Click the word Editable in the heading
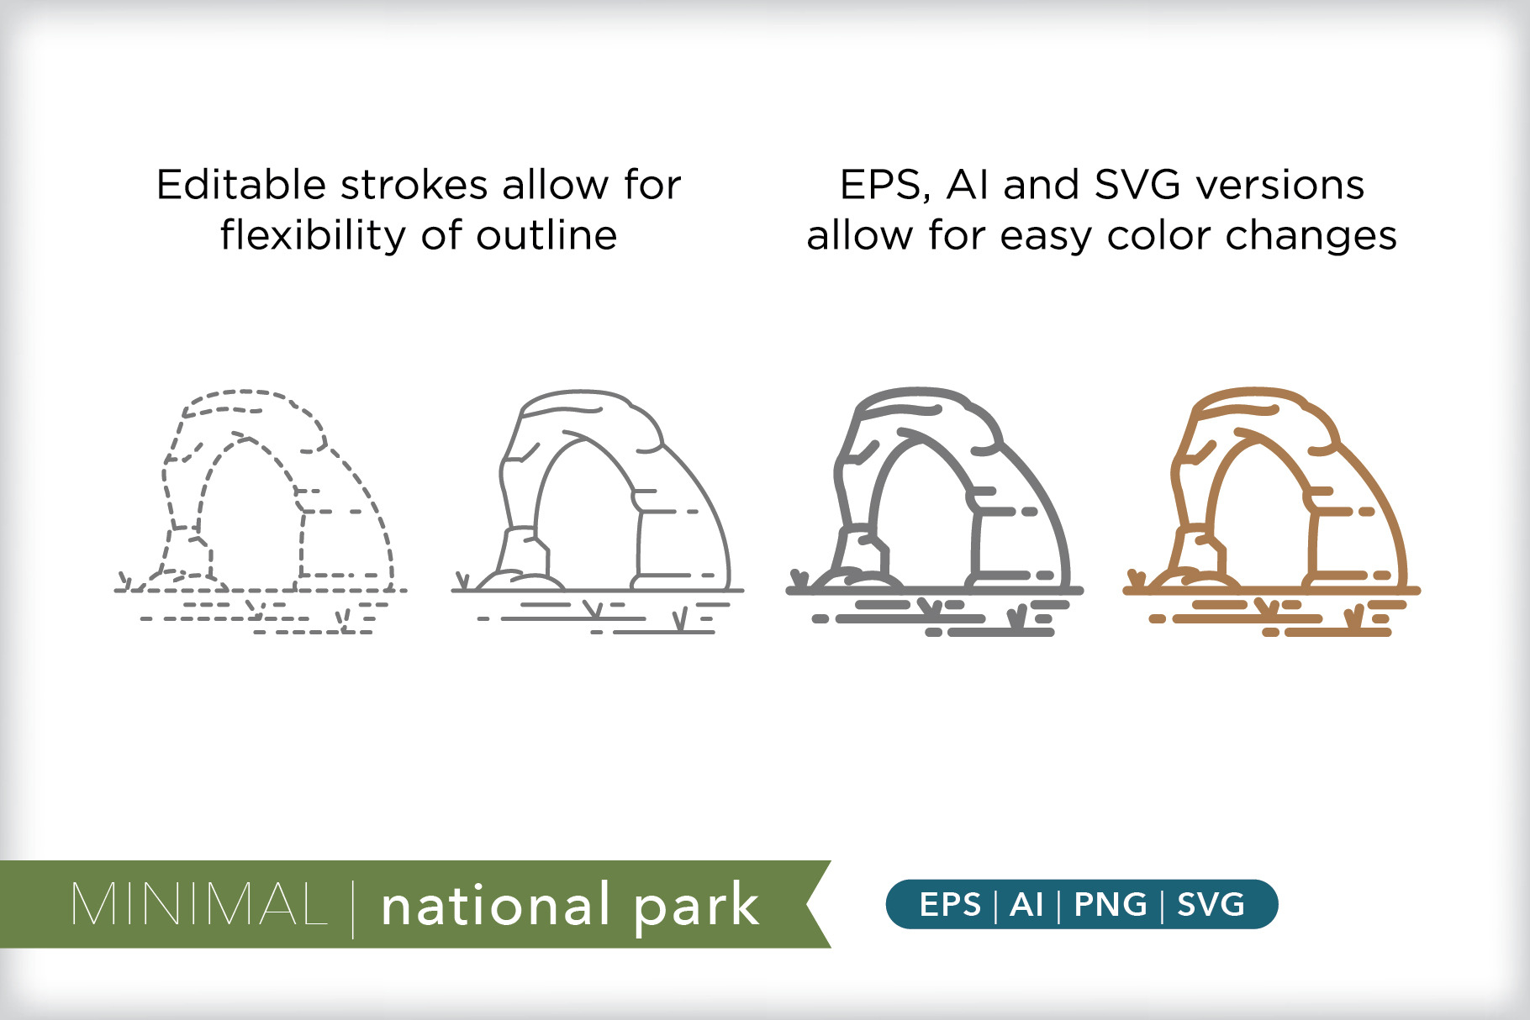click(x=240, y=184)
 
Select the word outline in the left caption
click(x=547, y=234)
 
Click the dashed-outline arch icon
click(x=261, y=511)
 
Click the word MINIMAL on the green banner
click(x=199, y=905)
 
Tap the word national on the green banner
click(x=496, y=905)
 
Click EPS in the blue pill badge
click(x=950, y=905)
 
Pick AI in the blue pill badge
click(x=1026, y=905)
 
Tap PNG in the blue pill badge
click(x=1111, y=905)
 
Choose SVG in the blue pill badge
click(x=1211, y=905)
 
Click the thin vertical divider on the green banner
click(x=353, y=907)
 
